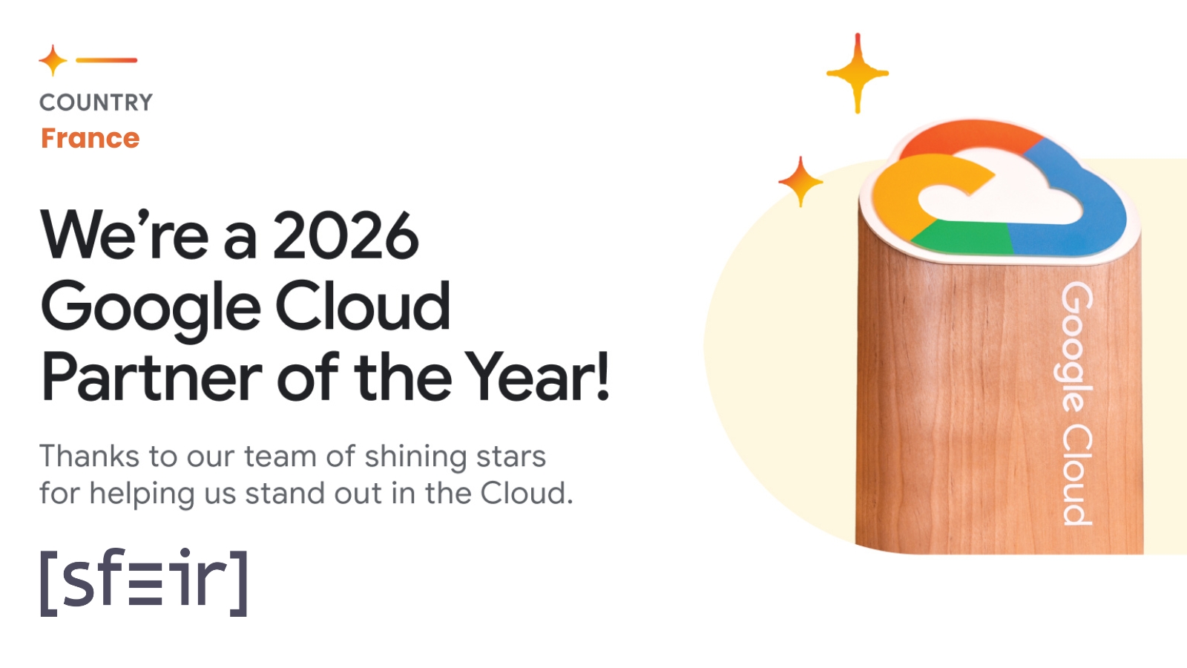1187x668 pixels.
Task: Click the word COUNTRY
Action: [x=96, y=102]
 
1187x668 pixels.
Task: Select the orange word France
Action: [x=90, y=139]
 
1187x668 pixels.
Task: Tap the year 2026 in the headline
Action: [x=346, y=236]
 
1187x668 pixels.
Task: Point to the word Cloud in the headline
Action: [x=363, y=306]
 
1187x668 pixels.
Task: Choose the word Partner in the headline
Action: [x=151, y=378]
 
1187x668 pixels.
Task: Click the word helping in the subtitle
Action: [x=142, y=494]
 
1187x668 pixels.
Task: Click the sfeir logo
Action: [x=143, y=582]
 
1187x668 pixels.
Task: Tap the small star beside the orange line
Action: [x=53, y=60]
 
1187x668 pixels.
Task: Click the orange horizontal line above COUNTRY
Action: [x=106, y=60]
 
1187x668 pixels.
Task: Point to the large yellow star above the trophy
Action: [x=858, y=73]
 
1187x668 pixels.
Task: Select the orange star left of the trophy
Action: [x=800, y=181]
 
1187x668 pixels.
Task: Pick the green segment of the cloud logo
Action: [x=961, y=240]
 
